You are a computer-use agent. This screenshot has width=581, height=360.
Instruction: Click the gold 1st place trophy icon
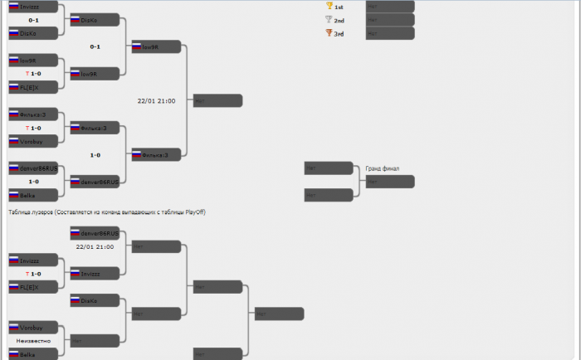tap(329, 6)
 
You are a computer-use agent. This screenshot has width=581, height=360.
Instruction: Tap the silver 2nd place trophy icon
tap(329, 19)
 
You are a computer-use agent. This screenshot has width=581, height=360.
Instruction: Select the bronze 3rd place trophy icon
tap(329, 33)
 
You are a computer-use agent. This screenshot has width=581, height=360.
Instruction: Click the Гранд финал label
tap(382, 168)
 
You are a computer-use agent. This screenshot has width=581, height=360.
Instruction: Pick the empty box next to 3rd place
tap(390, 33)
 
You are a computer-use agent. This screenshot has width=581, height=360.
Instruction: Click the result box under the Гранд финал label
tap(390, 181)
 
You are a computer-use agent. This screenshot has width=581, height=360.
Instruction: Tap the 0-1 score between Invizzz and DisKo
tap(33, 20)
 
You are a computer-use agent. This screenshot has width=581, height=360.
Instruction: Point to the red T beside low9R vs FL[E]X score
tap(27, 73)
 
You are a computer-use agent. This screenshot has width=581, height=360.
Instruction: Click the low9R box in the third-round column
tap(156, 46)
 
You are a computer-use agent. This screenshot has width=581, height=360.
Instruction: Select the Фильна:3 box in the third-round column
tap(156, 154)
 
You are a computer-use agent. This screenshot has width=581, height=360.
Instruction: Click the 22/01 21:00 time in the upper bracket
tap(156, 101)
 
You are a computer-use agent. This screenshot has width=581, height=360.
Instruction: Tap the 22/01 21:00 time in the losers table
tap(95, 247)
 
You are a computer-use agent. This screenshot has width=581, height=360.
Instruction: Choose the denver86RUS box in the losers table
tap(95, 233)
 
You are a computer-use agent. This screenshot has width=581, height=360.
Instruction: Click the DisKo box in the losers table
tap(95, 300)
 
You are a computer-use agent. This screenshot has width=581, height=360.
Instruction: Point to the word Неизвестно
tap(33, 341)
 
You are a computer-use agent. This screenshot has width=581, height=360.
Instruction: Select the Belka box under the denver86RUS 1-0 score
tap(33, 194)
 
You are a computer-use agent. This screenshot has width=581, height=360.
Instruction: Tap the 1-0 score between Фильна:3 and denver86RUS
tap(95, 155)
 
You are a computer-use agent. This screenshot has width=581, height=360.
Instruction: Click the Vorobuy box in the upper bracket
tap(33, 141)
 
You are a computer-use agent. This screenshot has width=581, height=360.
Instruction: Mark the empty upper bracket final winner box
tap(217, 100)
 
